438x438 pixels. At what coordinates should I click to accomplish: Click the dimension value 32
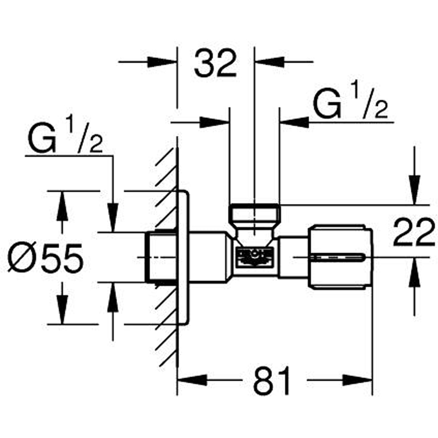215,64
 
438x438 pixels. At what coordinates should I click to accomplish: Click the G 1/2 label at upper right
350,105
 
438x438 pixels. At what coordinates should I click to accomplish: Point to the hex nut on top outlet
254,215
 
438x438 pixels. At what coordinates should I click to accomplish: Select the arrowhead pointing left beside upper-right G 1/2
295,122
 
